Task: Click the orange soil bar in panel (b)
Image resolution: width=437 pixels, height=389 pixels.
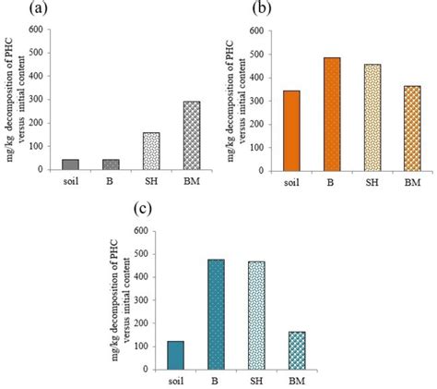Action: click(x=291, y=130)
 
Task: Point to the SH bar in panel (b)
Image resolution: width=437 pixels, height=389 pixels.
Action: click(x=372, y=117)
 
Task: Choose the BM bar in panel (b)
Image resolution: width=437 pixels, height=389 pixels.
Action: click(x=411, y=128)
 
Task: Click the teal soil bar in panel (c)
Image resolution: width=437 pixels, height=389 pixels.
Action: click(x=176, y=355)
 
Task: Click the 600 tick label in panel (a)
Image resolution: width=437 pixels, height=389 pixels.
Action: click(x=34, y=30)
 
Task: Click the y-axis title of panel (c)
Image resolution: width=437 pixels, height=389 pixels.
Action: click(x=122, y=296)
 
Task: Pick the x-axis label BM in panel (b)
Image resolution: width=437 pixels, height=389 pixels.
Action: click(x=411, y=182)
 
